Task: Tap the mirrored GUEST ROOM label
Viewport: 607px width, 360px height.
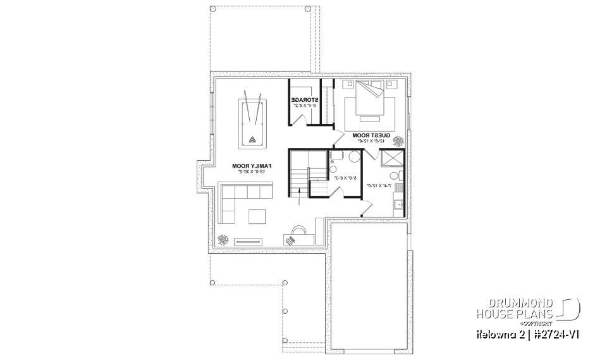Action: [370, 135]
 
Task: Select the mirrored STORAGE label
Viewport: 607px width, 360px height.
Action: [303, 99]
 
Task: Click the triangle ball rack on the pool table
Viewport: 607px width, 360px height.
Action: [253, 140]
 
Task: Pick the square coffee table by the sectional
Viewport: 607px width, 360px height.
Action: [257, 216]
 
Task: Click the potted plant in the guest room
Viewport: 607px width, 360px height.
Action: [399, 140]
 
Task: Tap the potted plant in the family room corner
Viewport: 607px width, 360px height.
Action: [223, 239]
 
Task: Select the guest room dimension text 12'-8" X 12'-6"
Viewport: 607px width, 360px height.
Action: [370, 141]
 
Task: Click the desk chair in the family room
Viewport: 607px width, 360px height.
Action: [290, 239]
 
